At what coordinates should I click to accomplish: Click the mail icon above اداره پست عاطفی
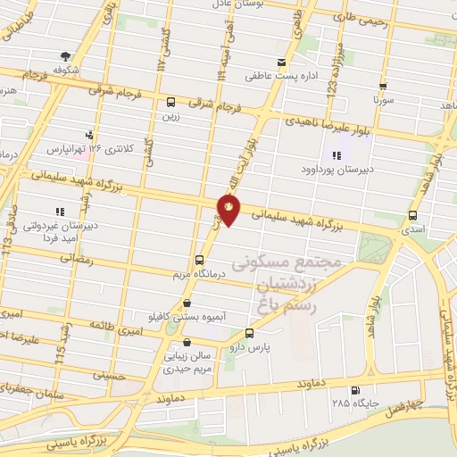(x=282, y=62)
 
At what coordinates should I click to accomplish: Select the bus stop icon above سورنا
(x=383, y=87)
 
